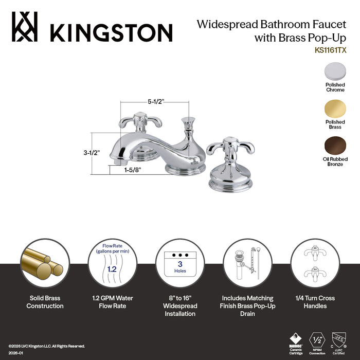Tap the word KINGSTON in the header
click(x=111, y=32)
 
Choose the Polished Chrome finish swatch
click(x=335, y=71)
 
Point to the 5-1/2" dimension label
click(x=155, y=101)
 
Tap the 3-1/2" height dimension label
click(x=91, y=153)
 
